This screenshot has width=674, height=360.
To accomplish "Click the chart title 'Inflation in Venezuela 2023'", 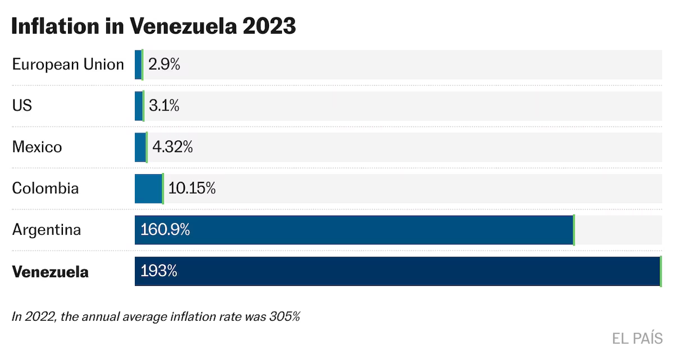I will pos(153,26).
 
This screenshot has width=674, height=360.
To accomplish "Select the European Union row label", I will pos(68,65).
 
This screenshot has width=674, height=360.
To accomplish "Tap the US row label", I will pos(22,106).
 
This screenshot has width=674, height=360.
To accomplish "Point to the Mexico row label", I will pos(37,147).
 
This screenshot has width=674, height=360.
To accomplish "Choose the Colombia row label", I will pos(45,188).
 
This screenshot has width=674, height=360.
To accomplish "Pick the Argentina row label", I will pos(47,230).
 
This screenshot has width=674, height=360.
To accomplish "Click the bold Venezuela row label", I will pos(51,272).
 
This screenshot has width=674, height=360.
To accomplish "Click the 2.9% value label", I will pos(164,65).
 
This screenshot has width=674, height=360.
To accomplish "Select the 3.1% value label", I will pos(164,106).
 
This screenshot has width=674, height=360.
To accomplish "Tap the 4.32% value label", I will pos(172,147).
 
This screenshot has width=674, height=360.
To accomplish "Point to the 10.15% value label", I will pos(192,188).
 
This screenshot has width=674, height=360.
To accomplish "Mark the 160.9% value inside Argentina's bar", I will pos(165,230).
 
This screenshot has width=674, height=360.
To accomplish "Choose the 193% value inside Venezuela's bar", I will pos(159,271).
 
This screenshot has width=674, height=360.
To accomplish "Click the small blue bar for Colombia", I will pos(148,188).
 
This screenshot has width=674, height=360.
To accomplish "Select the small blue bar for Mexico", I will pos(140,147).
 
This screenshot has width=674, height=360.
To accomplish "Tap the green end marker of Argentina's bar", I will pos(573,230).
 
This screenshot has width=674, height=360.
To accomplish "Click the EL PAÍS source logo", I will pos(637,338).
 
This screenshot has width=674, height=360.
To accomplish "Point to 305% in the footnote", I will pos(286,317).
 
